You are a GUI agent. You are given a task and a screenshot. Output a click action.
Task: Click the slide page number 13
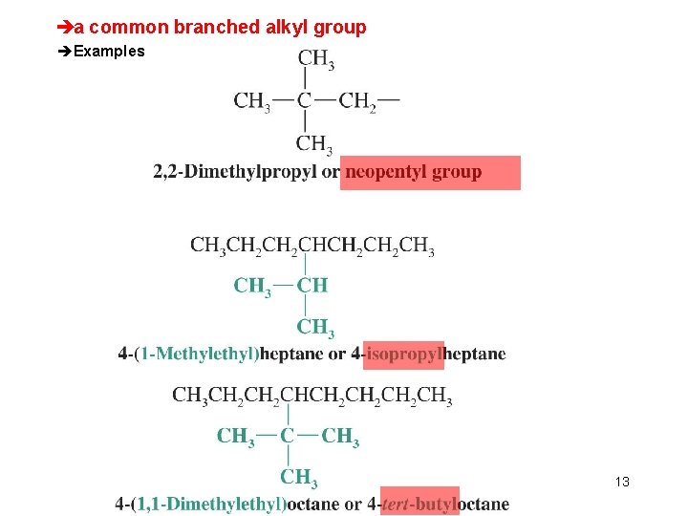tap(622, 482)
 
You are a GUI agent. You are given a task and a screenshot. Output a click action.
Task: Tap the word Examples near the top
tap(109, 52)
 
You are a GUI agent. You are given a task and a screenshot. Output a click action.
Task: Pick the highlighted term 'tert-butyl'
tap(419, 504)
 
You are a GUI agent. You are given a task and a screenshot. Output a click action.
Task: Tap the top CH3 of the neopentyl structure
tap(315, 62)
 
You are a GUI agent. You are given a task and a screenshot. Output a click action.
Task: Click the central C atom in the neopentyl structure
tap(304, 100)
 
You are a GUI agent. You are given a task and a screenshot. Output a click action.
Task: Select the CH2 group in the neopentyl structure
tap(357, 101)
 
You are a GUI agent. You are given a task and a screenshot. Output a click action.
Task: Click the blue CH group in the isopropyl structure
tap(312, 285)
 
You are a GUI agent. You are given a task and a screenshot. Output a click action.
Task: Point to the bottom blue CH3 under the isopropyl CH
tap(315, 328)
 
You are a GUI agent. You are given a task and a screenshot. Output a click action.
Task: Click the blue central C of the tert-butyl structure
tap(288, 437)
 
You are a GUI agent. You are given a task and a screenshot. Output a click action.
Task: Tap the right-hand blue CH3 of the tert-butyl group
tap(340, 438)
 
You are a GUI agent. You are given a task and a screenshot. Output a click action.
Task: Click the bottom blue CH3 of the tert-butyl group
tap(299, 477)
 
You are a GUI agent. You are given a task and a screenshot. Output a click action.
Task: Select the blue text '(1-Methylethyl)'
tap(198, 355)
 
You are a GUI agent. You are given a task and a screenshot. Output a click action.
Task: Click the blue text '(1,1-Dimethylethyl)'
tap(209, 504)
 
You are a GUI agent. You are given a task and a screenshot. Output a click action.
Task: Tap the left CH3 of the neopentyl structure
tap(251, 101)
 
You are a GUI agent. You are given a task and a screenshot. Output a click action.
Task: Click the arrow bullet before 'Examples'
tap(65, 52)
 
